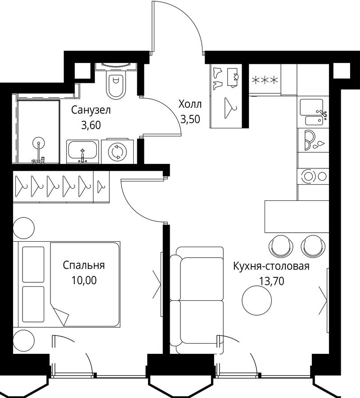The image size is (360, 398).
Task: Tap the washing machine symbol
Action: [117, 151]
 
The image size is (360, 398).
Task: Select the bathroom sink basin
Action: [82, 151]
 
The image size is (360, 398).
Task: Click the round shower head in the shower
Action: [39, 143]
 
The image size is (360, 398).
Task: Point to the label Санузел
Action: [91, 110]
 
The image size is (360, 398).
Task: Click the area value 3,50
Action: [190, 119]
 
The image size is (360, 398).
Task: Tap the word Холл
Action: [190, 104]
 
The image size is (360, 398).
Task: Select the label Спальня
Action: [84, 265]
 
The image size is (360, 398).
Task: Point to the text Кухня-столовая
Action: [271, 266]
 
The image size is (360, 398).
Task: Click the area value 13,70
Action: [271, 281]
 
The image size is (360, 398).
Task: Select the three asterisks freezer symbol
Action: [265, 80]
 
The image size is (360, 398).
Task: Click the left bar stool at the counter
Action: [281, 246]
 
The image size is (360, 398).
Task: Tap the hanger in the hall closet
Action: [230, 108]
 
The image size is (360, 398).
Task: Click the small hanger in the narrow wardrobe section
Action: [101, 186]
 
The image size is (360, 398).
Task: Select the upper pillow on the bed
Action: [33, 264]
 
